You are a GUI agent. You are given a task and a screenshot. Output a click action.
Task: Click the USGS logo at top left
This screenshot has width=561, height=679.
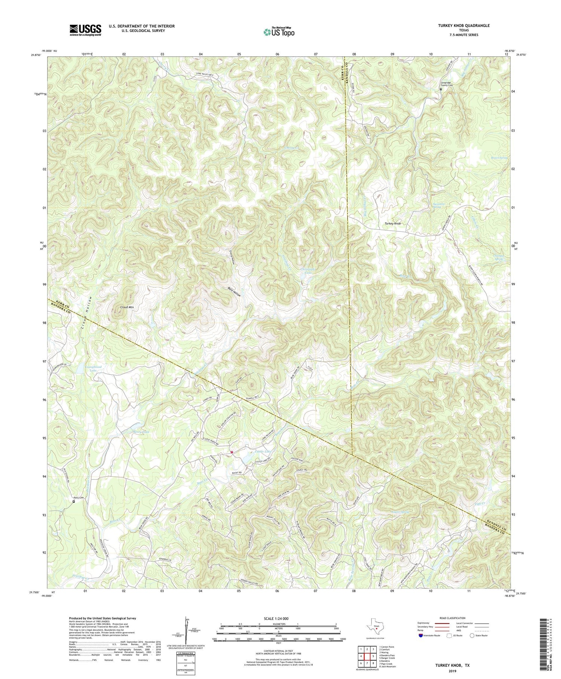tap(85, 30)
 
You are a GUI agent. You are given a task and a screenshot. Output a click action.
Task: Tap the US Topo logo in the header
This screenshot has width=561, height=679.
tap(279, 32)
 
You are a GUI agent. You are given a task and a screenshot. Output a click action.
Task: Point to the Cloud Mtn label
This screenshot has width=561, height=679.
tap(127, 307)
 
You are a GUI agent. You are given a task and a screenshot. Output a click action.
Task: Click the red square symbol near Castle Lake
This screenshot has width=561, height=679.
tap(232, 452)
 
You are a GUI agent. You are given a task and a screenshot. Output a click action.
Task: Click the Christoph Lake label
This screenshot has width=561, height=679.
tap(308, 271)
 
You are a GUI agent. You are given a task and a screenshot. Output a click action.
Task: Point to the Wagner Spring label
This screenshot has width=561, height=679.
tap(400, 512)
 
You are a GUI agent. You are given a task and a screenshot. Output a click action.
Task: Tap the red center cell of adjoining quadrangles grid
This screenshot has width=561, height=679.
tap(368, 656)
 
